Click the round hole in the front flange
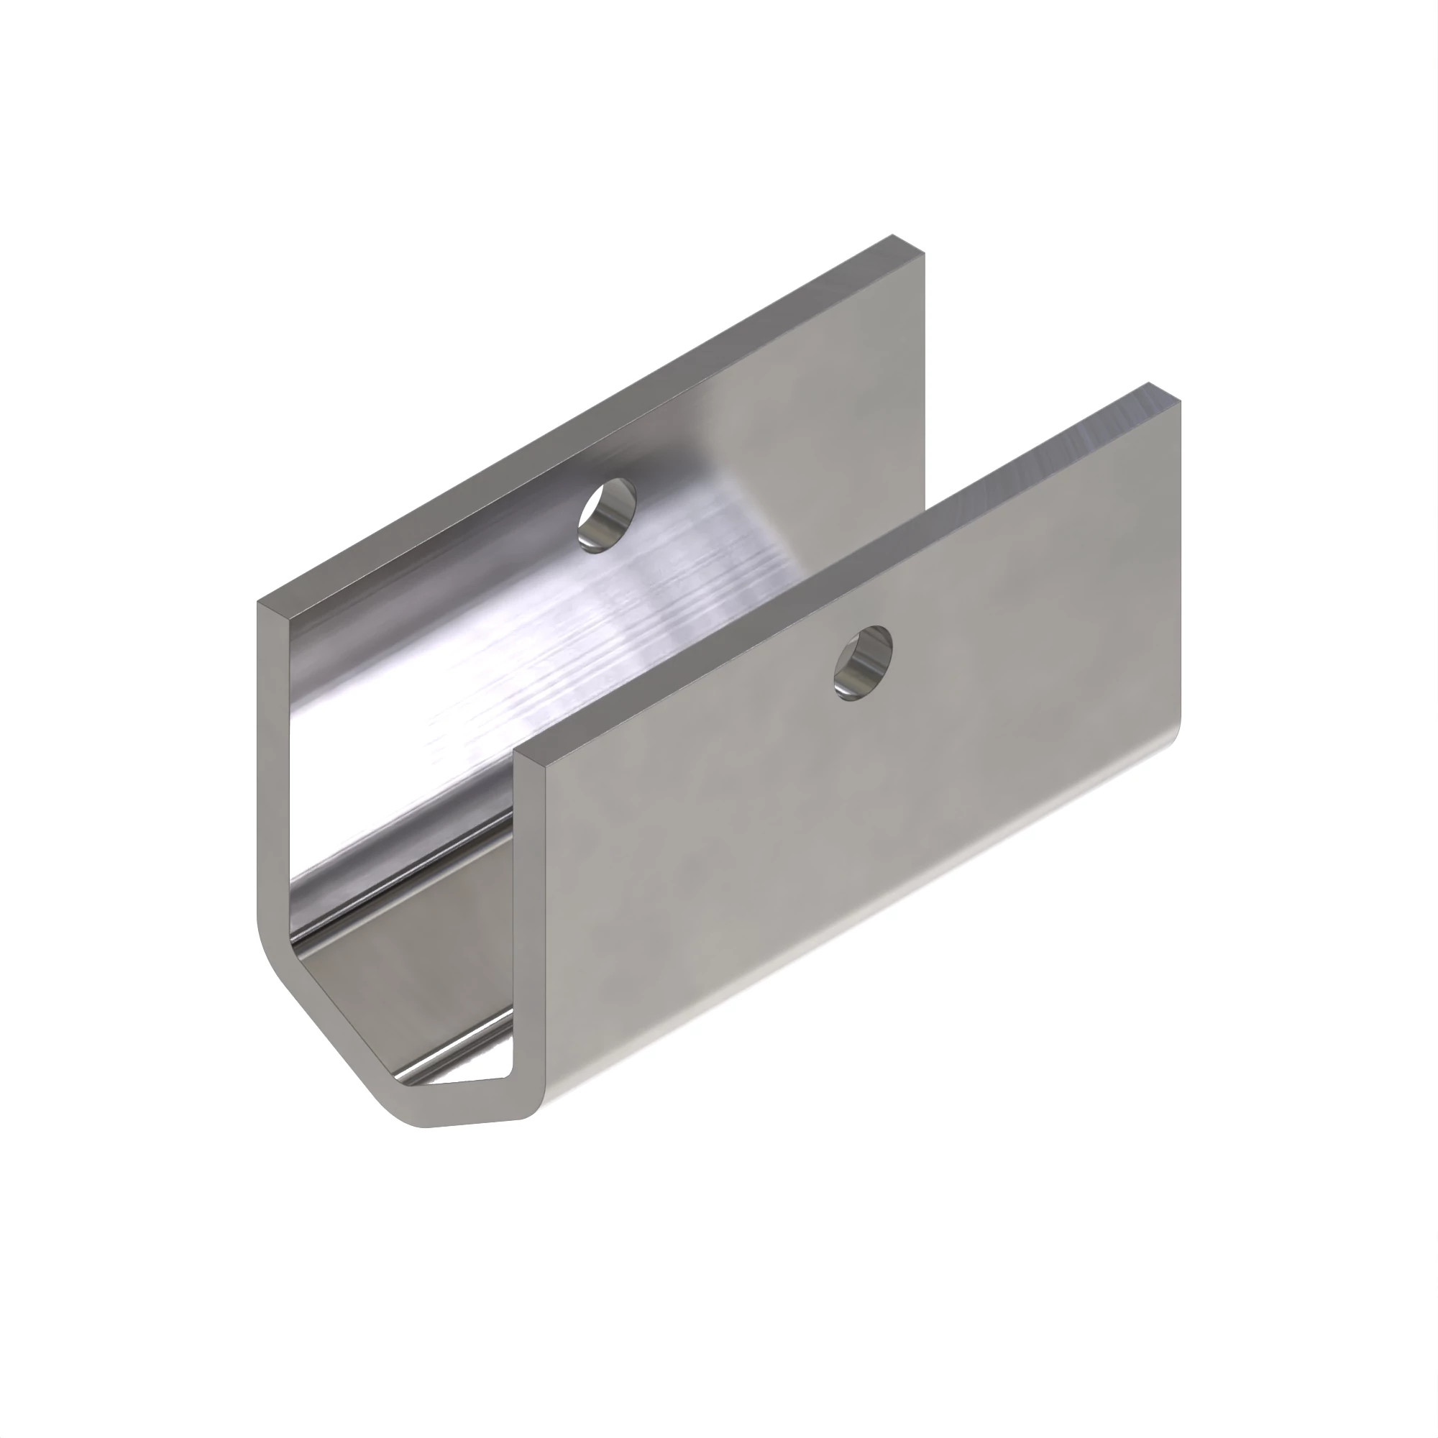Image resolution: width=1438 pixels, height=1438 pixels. pos(862,663)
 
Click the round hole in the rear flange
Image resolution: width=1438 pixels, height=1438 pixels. pos(608,516)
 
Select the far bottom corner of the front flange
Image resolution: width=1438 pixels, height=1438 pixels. pos(1178,733)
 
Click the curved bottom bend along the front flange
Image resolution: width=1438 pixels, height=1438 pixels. pos(856,938)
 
